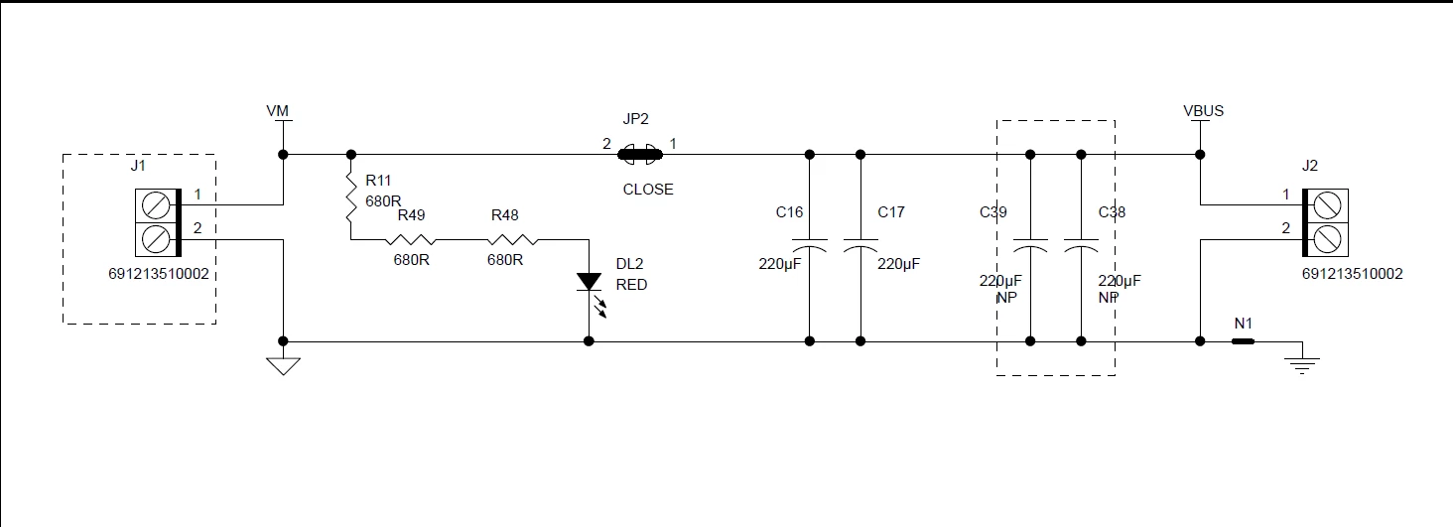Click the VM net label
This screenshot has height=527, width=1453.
pos(278,111)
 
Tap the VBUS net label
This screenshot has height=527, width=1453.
pos(1203,111)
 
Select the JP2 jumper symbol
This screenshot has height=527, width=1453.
pos(639,155)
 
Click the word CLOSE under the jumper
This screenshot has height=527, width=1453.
pos(648,190)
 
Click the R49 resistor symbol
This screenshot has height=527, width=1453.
pos(411,239)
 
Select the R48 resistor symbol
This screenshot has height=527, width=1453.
pos(512,239)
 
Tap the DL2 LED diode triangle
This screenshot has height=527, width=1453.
pos(589,282)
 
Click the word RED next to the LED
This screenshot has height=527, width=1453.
pos(631,285)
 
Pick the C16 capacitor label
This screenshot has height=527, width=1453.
pos(789,212)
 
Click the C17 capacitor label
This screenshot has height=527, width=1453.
pos(890,212)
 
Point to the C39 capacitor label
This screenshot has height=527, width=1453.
pos(993,212)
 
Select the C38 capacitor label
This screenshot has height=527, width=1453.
pos(1112,212)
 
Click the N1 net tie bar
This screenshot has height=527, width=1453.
pos(1243,341)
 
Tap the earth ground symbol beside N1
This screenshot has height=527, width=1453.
pos(1302,365)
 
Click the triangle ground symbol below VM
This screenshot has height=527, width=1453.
pos(284,366)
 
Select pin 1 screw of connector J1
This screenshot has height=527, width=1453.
pos(156,206)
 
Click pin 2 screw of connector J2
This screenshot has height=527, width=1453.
pos(1327,239)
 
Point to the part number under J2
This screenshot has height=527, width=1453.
pos(1352,274)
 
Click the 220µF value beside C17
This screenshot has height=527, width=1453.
pos(898,264)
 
